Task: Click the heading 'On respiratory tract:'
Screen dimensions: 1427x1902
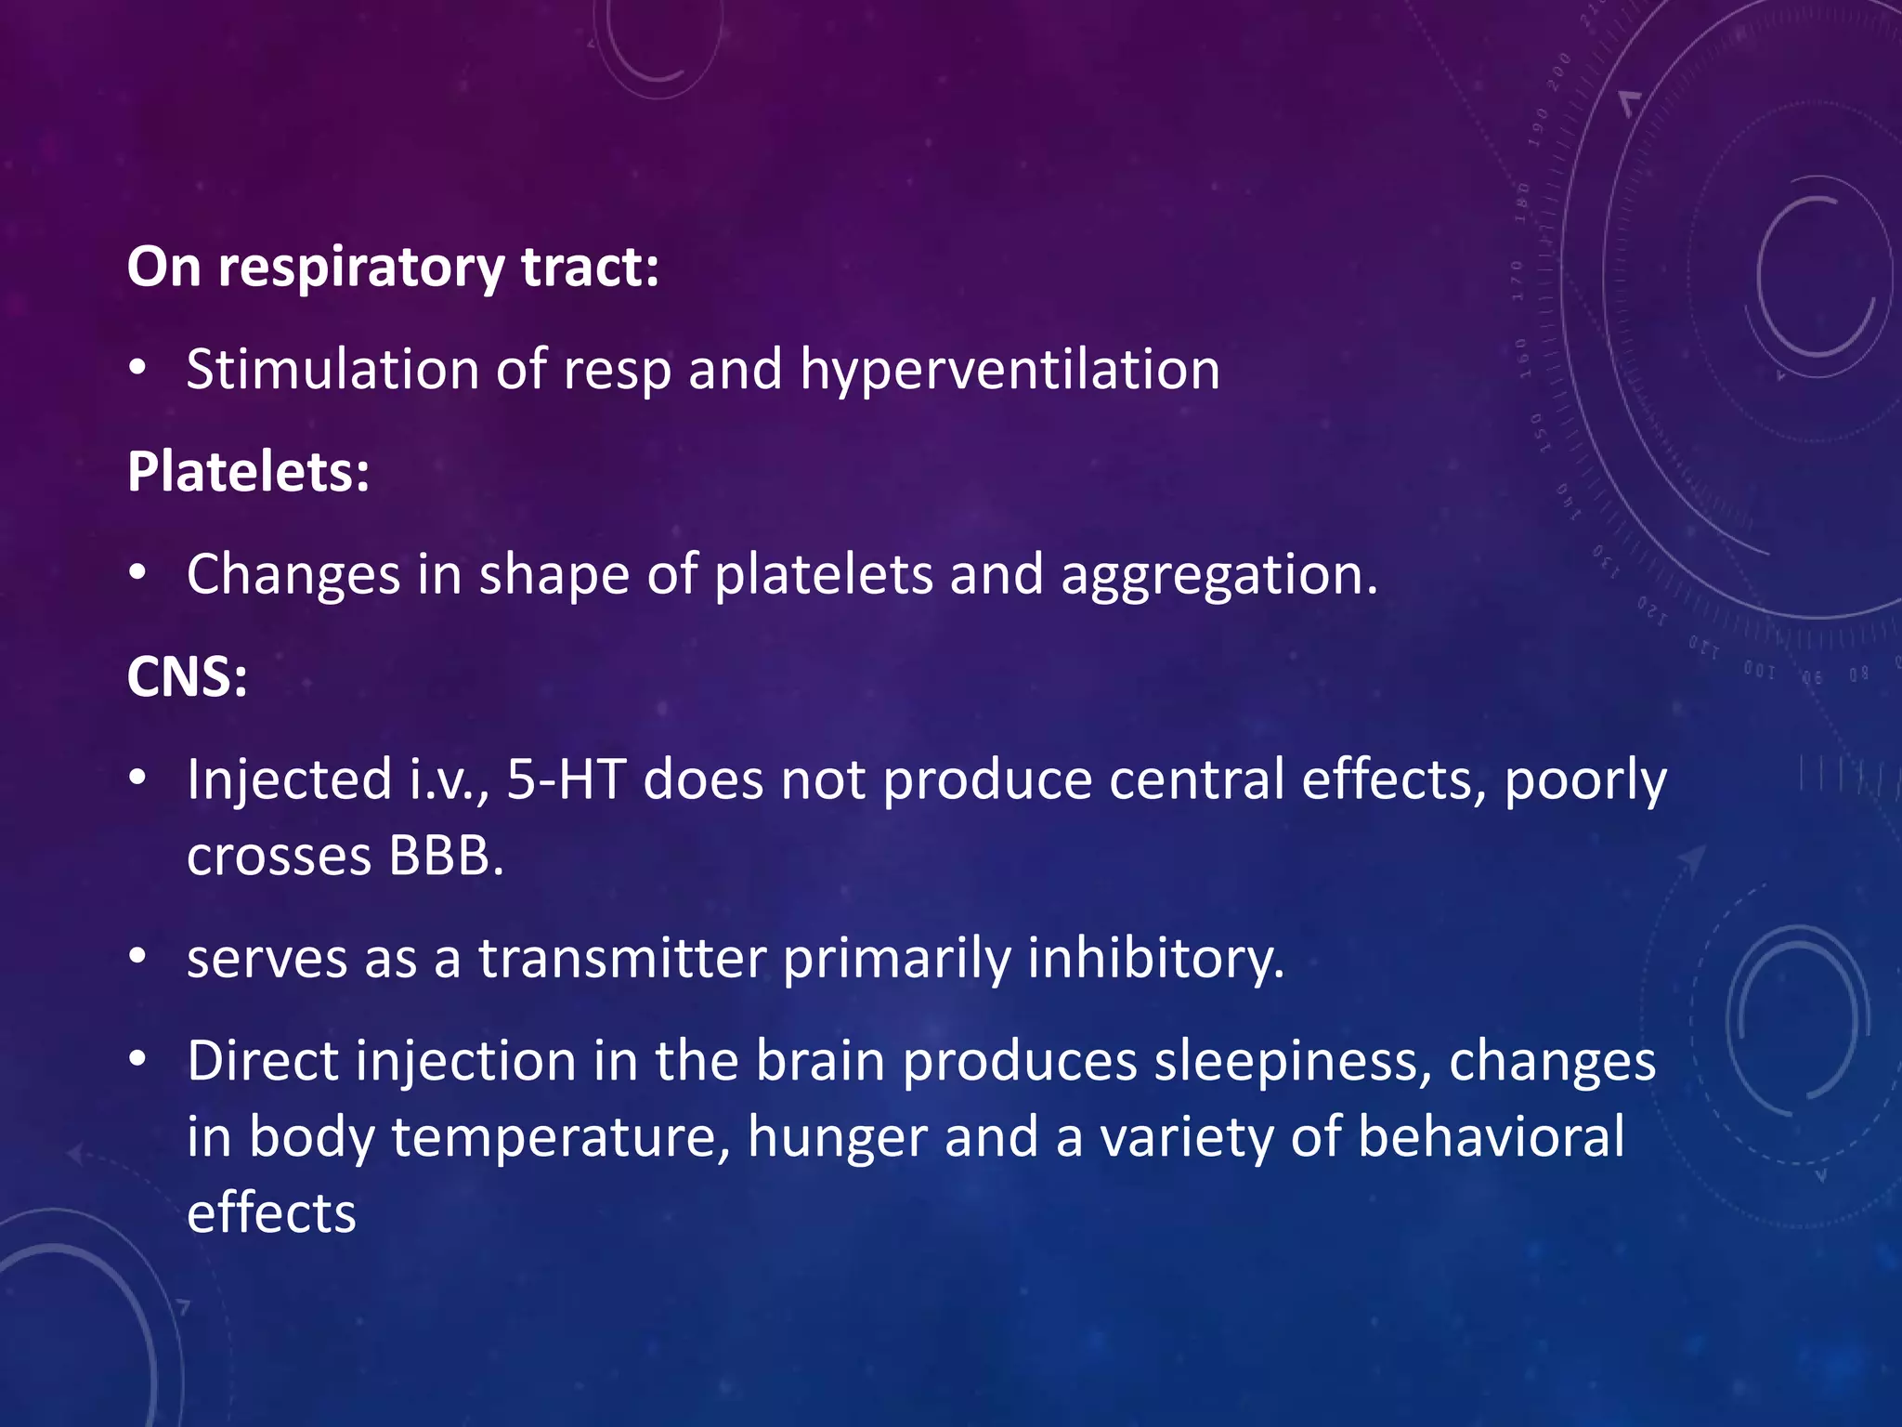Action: click(x=393, y=268)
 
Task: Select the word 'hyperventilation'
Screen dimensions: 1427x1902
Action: click(x=1010, y=370)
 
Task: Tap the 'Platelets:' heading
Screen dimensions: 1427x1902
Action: click(x=248, y=472)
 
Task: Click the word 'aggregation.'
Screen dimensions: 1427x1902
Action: click(x=1218, y=575)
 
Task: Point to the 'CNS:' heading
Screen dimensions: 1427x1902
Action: click(x=187, y=676)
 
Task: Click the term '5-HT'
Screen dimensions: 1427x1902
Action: click(x=566, y=779)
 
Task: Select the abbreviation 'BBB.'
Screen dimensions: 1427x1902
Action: click(x=446, y=856)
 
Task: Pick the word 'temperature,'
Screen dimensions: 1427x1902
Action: click(x=561, y=1137)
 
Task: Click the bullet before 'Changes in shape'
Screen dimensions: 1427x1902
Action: click(x=137, y=574)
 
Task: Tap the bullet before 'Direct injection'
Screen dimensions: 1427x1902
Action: click(x=137, y=1059)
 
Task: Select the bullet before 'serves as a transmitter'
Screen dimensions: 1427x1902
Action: click(x=137, y=957)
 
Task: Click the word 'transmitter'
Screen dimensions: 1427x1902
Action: click(x=622, y=959)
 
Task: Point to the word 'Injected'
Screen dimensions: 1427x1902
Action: click(x=289, y=780)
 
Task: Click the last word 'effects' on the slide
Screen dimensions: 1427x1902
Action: click(x=271, y=1213)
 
